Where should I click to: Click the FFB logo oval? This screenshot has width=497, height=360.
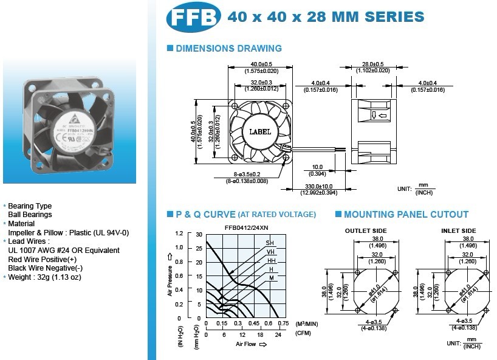pyautogui.click(x=192, y=18)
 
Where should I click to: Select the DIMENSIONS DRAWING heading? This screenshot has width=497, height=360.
pyautogui.click(x=228, y=48)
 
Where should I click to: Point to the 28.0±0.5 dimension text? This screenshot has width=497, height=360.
pyautogui.click(x=372, y=64)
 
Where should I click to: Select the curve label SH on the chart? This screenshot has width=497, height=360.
pyautogui.click(x=270, y=243)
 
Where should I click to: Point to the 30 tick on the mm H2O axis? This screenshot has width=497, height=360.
pyautogui.click(x=199, y=234)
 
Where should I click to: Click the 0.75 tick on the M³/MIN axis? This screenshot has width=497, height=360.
pyautogui.click(x=283, y=324)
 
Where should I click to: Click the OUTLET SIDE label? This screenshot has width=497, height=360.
pyautogui.click(x=366, y=230)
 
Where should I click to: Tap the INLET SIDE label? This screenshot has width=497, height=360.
pyautogui.click(x=459, y=230)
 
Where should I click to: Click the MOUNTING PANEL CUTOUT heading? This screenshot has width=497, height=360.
pyautogui.click(x=406, y=214)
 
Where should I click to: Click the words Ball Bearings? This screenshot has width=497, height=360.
pyautogui.click(x=30, y=215)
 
